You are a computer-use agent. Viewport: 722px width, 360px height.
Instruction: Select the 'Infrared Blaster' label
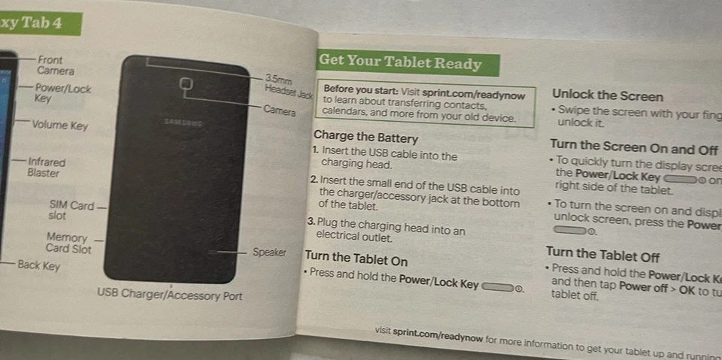point(46,167)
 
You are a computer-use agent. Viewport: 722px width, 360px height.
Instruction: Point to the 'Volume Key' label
point(59,126)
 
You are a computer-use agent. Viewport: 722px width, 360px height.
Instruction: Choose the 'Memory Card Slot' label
point(68,243)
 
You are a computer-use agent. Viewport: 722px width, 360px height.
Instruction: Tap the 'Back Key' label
point(38,265)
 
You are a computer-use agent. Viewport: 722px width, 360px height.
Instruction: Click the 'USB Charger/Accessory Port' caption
point(169,295)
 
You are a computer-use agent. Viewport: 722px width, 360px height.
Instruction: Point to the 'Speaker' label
point(268,253)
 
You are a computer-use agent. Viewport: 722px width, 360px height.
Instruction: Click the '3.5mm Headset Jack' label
point(287,86)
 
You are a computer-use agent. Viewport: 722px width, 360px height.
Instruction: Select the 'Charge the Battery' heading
point(366,137)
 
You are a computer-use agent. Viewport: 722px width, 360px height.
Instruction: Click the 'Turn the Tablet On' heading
point(356,259)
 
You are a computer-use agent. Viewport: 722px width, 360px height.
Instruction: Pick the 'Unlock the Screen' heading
point(607,95)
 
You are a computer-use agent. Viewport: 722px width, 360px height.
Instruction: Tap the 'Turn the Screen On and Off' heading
point(633,146)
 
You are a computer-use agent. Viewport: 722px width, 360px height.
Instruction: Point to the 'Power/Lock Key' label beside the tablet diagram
point(62,93)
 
